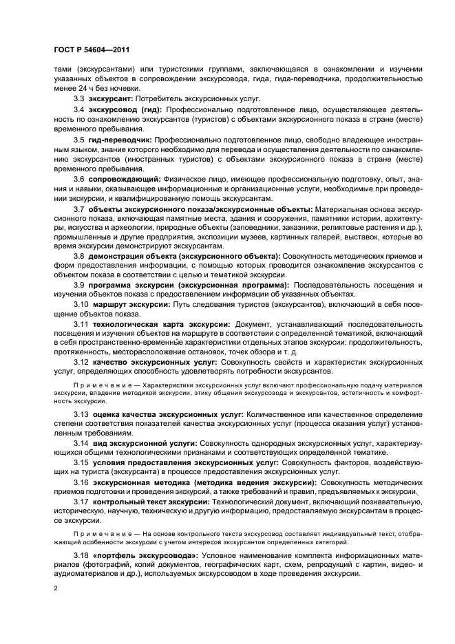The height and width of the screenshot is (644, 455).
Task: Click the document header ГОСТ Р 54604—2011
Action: pos(89,50)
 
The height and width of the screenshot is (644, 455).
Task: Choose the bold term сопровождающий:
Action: pos(123,179)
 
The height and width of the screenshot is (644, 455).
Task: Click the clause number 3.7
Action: pos(78,209)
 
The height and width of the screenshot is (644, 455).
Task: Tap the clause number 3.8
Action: pos(78,255)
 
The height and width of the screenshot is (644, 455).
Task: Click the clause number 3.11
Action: pos(81,323)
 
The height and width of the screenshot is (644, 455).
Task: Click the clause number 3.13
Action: pos(81,416)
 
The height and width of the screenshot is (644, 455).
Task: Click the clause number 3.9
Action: pos(78,284)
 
